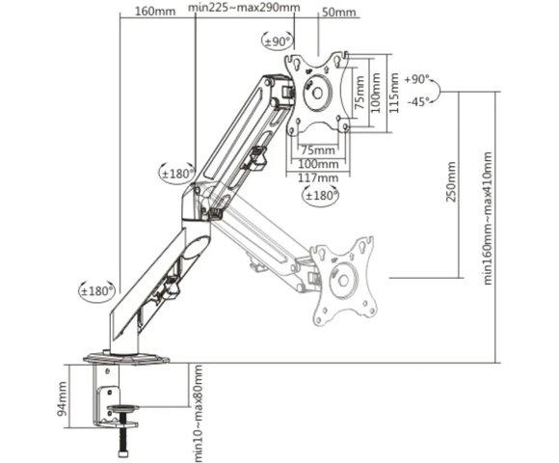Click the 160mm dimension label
tap(155, 11)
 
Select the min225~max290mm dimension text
tap(244, 7)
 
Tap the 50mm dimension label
tap(338, 13)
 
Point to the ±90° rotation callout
tap(279, 41)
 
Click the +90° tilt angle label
tap(416, 79)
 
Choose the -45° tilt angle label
tap(419, 102)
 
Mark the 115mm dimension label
tap(393, 93)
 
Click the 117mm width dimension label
tap(318, 177)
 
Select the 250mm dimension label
tap(451, 181)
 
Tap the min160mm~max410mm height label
tap(488, 218)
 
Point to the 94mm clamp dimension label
tap(62, 398)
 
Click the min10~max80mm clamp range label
tap(198, 414)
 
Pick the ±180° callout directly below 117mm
tap(321, 196)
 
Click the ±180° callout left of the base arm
tap(96, 291)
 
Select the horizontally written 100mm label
tap(318, 164)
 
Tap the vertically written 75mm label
tap(359, 93)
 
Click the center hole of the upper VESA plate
tap(317, 94)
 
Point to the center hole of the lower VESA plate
tap(343, 281)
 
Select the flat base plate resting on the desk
tap(126, 358)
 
